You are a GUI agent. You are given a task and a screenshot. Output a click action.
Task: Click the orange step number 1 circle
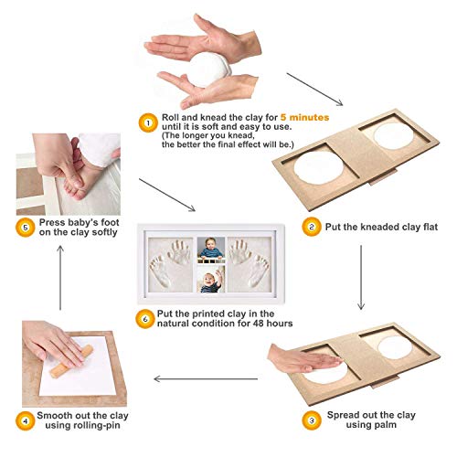(147, 120)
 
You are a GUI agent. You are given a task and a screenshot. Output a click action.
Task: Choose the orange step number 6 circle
(147, 316)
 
